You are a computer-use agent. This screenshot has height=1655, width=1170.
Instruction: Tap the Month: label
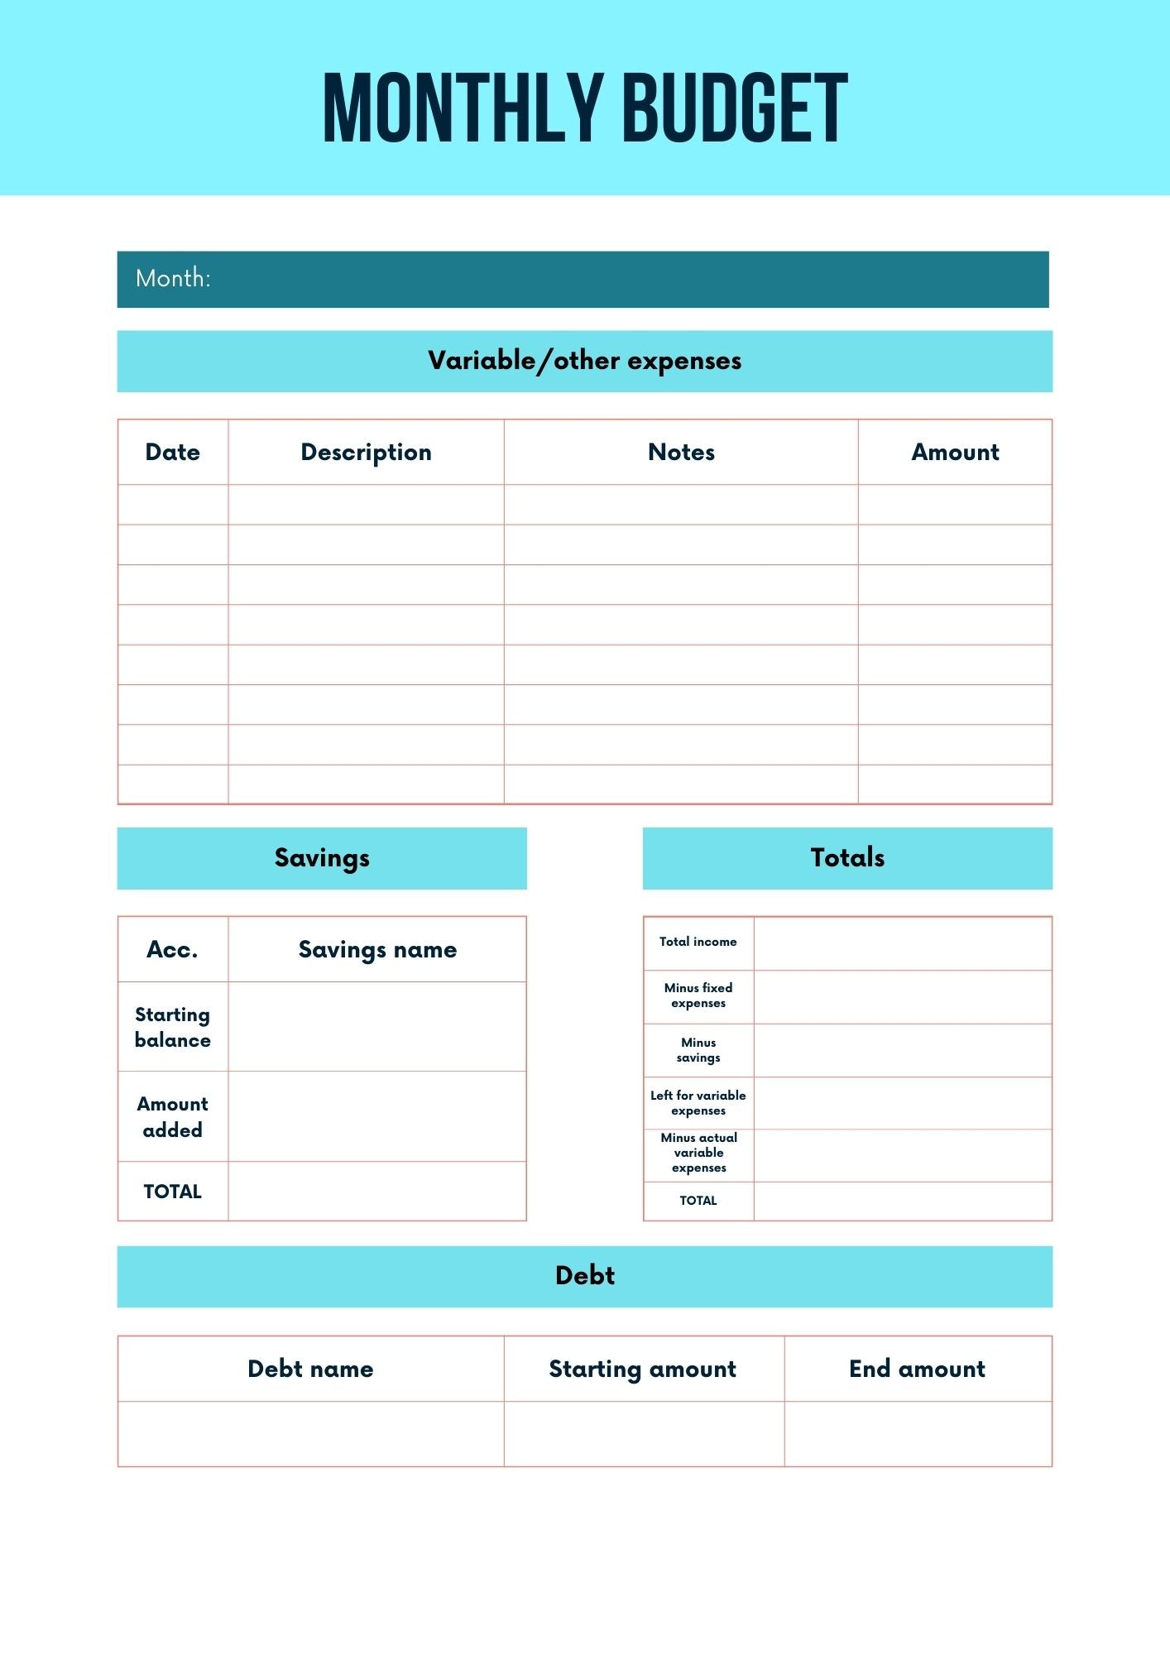tap(173, 278)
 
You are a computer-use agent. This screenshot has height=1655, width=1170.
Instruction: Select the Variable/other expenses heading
tap(584, 361)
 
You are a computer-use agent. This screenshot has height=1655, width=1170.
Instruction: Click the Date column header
tap(172, 452)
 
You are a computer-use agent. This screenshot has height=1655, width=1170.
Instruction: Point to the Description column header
tap(366, 452)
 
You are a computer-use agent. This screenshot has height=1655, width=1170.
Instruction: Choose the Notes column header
tap(681, 452)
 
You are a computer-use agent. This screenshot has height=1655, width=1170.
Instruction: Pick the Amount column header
tap(955, 452)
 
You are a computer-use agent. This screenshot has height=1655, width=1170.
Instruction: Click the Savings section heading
tap(322, 858)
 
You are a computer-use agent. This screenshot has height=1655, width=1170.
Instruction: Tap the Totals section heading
tap(847, 858)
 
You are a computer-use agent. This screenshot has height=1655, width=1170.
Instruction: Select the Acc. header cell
tap(172, 949)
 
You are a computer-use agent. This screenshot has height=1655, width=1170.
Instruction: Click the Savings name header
tap(377, 949)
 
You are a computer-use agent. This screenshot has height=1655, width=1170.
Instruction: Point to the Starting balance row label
tap(172, 1027)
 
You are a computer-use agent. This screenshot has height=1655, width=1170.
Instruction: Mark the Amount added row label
tap(172, 1116)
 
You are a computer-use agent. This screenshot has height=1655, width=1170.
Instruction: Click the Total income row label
tap(698, 942)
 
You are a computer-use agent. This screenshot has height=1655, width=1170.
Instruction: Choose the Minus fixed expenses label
tap(698, 995)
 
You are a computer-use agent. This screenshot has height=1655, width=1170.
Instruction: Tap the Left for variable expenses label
tap(698, 1103)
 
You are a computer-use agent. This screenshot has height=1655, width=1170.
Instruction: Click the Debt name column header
tap(310, 1369)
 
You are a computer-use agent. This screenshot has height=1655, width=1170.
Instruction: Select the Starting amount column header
tap(643, 1369)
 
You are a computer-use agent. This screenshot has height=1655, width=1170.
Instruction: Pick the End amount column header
tap(917, 1369)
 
